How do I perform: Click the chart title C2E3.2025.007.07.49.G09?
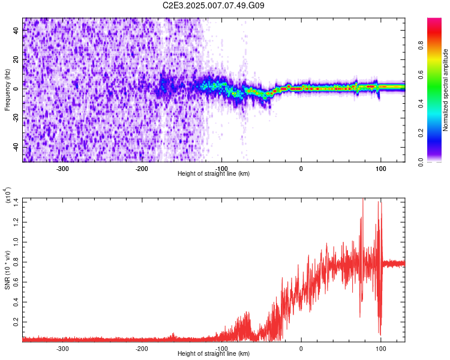point(214,5)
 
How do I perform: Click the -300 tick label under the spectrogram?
point(63,168)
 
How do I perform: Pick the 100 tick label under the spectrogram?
point(380,168)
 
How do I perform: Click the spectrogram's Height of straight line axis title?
point(214,173)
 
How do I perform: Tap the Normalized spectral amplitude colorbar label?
point(445,90)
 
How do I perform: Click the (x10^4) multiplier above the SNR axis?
point(7,195)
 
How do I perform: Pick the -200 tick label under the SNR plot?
point(142,348)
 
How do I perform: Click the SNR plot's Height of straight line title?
point(214,353)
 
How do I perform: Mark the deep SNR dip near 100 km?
point(380,333)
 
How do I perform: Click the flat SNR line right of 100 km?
point(395,263)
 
